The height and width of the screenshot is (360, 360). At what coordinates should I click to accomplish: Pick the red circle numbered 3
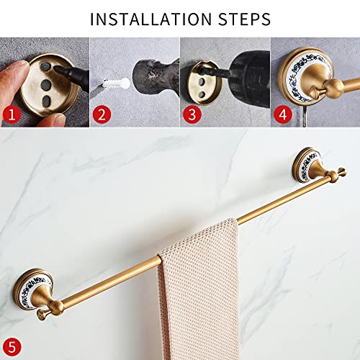[x=192, y=114]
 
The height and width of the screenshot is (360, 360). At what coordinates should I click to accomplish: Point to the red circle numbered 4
[x=282, y=114]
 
